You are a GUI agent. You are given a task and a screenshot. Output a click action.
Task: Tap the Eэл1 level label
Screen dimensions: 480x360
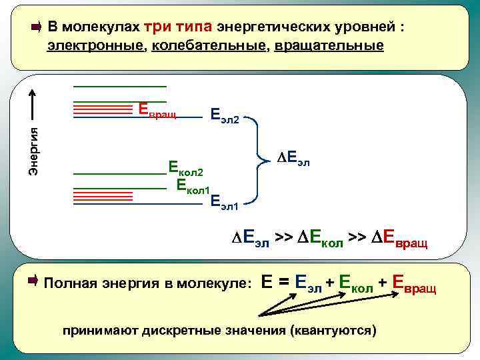click(224, 202)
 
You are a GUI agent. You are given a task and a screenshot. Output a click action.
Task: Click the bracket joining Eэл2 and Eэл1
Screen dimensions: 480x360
click(255, 159)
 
